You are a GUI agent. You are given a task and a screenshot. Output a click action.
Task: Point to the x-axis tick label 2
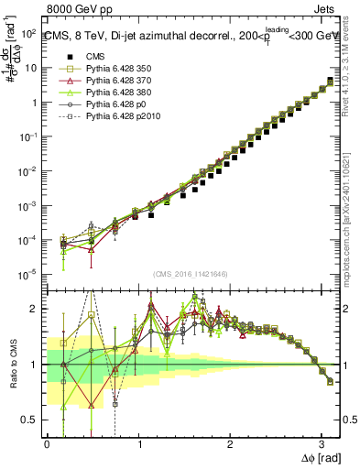click(230, 442)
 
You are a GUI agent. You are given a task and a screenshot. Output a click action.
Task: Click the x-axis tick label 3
click(322, 442)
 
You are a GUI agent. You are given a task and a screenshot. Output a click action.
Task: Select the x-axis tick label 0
click(47, 442)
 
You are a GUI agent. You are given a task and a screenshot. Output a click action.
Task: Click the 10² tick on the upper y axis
click(28, 33)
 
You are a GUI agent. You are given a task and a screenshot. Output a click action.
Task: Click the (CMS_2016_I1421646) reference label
click(191, 274)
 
